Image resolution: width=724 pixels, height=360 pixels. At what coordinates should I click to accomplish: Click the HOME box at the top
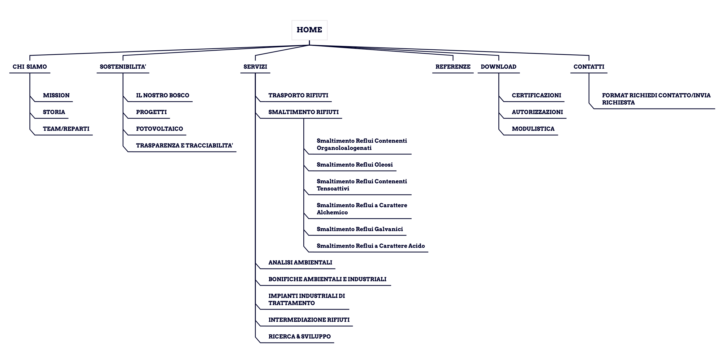click(309, 30)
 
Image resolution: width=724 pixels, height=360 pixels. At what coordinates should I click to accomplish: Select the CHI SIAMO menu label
click(30, 67)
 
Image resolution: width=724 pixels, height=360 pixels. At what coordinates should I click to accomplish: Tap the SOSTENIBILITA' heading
click(123, 67)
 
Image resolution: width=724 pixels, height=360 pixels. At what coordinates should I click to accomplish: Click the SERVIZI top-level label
click(255, 67)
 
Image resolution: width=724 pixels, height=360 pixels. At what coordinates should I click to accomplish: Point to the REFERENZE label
click(453, 67)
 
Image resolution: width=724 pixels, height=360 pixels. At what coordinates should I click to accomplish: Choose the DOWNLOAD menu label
click(498, 67)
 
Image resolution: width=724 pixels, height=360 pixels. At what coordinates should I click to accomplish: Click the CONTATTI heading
click(589, 67)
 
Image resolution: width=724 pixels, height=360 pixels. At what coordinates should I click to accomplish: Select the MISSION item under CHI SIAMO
click(56, 95)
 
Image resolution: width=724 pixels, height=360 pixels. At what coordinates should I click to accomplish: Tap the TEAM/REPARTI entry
click(66, 129)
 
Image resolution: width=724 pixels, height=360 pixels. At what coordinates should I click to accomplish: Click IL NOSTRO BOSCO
click(162, 95)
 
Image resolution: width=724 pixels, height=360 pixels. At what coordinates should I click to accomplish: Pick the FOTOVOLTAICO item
click(159, 129)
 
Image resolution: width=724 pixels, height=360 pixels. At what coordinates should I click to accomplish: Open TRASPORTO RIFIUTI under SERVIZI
click(298, 95)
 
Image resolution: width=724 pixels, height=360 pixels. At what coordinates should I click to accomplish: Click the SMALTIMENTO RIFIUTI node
click(304, 112)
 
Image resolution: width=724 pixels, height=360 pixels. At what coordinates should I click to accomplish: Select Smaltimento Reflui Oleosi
click(355, 165)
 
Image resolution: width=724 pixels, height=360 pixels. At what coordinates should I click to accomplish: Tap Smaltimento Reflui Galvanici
click(360, 229)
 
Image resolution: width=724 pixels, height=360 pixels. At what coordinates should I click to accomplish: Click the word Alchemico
click(332, 212)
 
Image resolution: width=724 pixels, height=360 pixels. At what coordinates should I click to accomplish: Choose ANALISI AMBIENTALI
click(300, 262)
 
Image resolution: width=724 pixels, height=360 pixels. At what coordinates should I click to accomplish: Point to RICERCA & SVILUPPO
click(300, 336)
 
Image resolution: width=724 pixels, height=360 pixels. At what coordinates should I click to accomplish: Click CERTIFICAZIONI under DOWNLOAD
click(536, 95)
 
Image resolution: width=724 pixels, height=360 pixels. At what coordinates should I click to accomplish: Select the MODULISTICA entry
click(533, 129)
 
